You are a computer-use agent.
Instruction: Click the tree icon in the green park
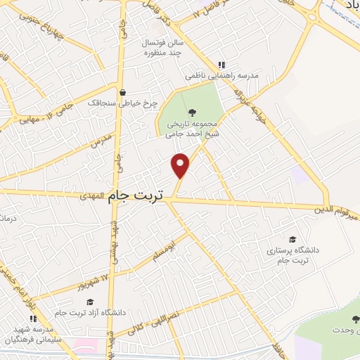[x=191, y=112]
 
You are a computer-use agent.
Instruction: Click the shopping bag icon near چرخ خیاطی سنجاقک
[x=124, y=91]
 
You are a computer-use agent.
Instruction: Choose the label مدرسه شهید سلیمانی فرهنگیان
[x=33, y=336]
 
